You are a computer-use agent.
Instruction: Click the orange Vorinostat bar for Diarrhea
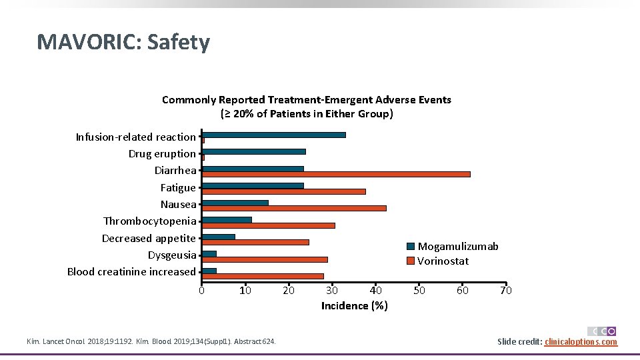click(336, 174)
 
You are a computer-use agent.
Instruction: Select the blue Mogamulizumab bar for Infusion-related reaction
click(273, 135)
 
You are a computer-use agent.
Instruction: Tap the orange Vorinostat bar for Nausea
click(294, 208)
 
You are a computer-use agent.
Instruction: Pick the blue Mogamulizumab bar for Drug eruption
click(253, 151)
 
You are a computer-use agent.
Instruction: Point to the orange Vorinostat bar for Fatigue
click(283, 191)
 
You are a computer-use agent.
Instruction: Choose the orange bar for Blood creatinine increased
click(263, 276)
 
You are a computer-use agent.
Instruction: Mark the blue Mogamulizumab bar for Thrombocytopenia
click(227, 219)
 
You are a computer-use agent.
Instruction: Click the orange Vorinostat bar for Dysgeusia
click(265, 259)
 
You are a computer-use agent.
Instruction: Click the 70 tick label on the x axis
click(506, 290)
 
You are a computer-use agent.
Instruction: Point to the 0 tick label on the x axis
click(201, 290)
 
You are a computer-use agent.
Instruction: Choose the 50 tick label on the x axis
click(419, 290)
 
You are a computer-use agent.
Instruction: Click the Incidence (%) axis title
click(354, 306)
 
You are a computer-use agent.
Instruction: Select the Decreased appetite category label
click(149, 238)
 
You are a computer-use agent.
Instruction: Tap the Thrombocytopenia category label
click(150, 221)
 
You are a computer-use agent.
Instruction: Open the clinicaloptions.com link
click(581, 342)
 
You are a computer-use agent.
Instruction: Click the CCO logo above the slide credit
click(601, 331)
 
